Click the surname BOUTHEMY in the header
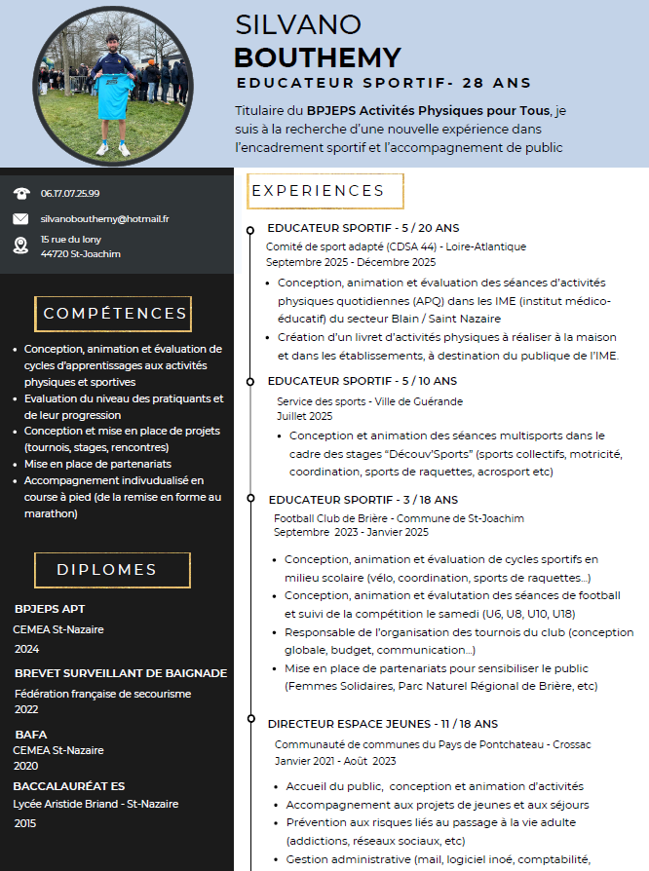coord(317,57)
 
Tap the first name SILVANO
coord(298,24)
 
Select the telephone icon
coord(20,193)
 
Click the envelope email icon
coord(20,219)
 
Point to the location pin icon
coord(20,245)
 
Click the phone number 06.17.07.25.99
coord(70,193)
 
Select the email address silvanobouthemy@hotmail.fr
coord(104,219)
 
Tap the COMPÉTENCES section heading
coord(115,314)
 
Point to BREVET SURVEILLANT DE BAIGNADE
coord(121,673)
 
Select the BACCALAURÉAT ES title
coord(69,786)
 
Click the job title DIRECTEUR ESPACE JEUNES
coord(349,724)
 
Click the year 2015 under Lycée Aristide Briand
coord(26,823)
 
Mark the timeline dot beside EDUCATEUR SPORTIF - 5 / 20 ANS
coord(252,228)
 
